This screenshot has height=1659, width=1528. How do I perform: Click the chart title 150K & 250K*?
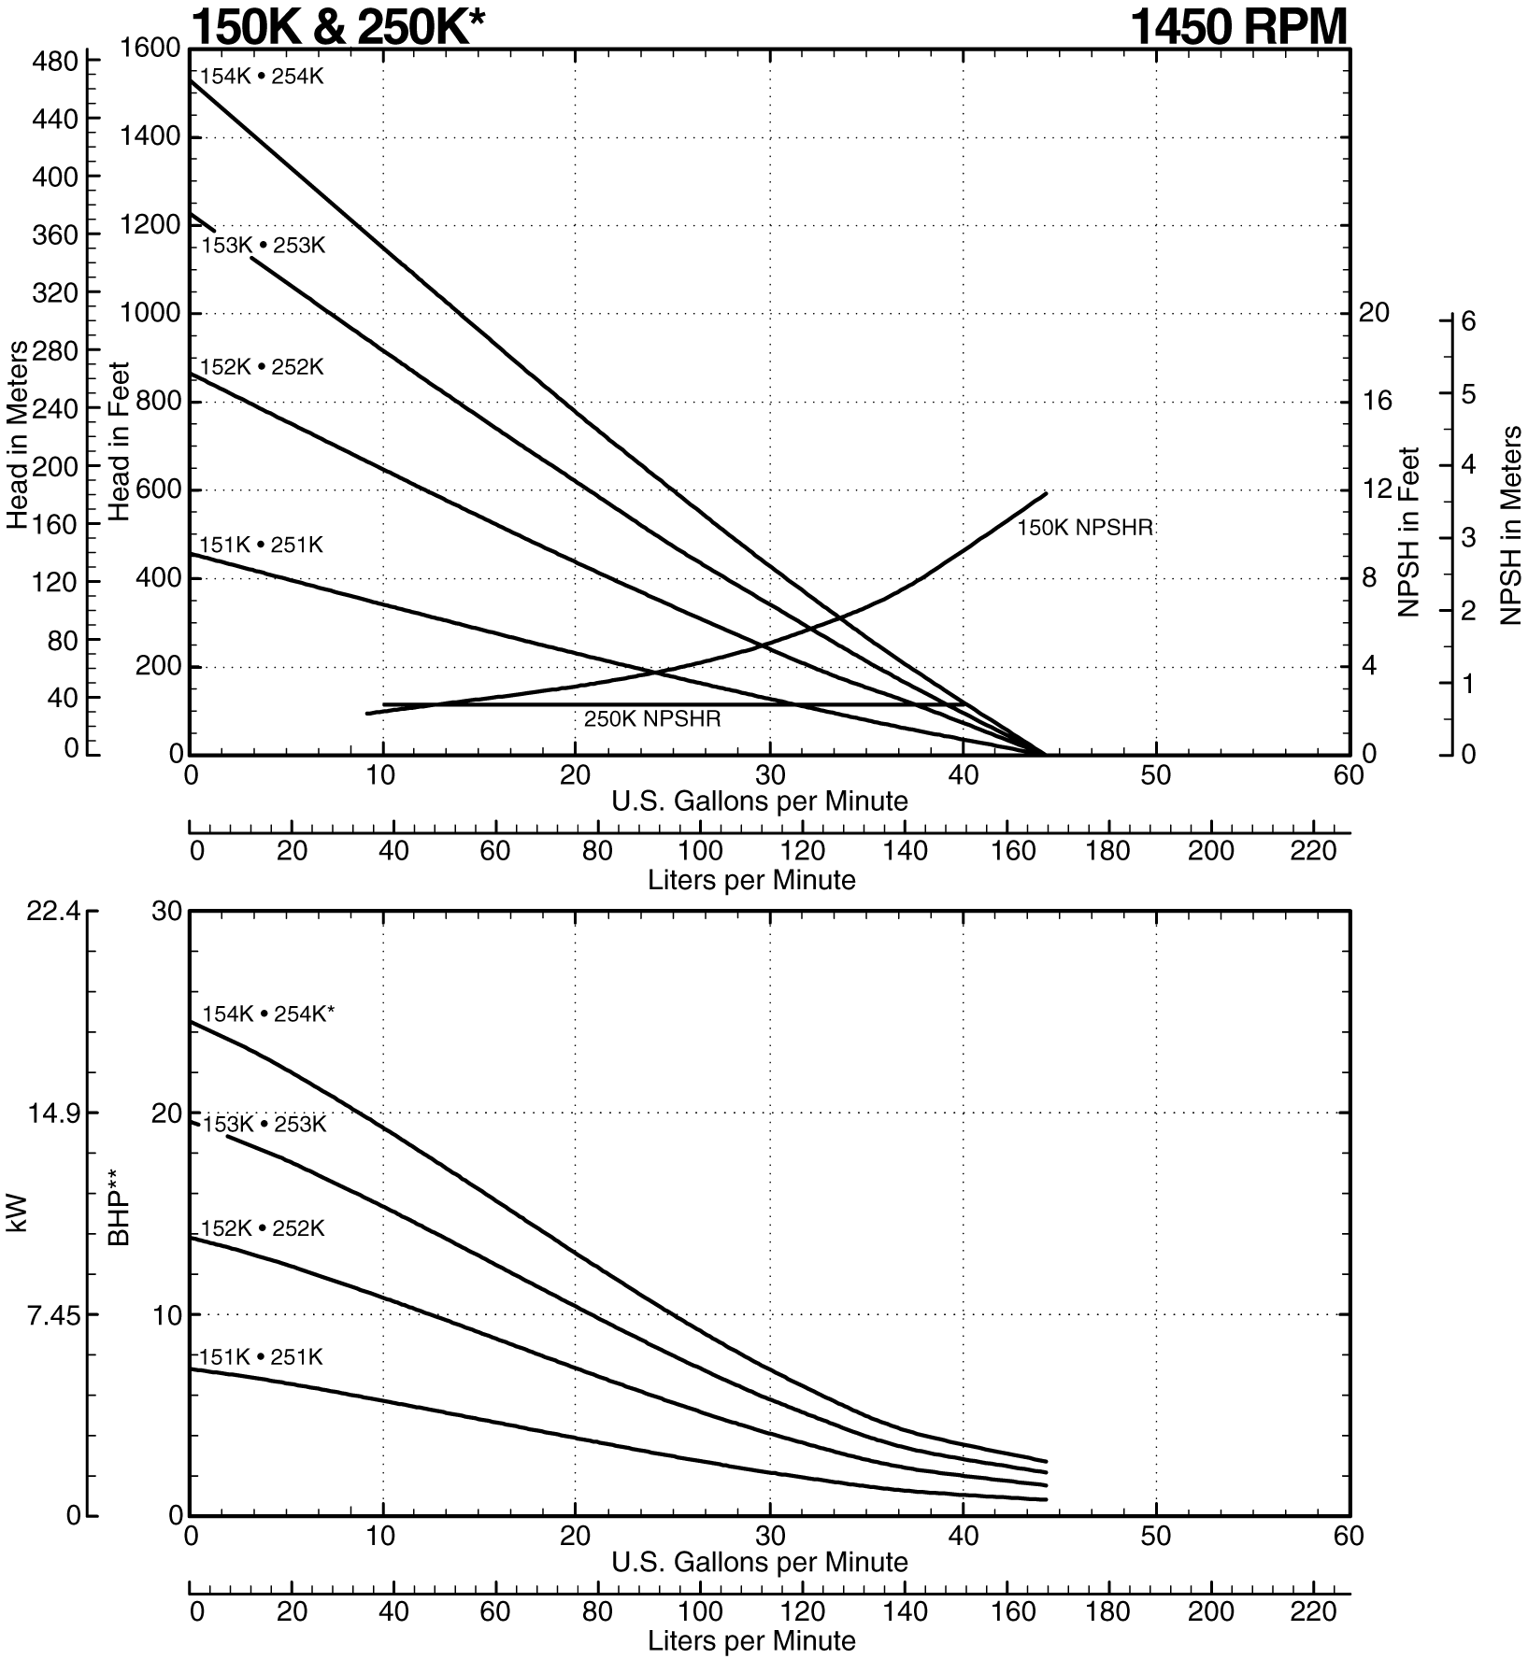(337, 26)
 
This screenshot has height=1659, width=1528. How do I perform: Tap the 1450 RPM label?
(1239, 26)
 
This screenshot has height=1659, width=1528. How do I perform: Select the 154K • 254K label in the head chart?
(262, 77)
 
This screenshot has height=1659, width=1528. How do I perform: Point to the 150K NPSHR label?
(1085, 528)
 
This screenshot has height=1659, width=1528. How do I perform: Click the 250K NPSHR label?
(652, 720)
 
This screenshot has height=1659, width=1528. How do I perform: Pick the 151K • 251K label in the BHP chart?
(261, 1356)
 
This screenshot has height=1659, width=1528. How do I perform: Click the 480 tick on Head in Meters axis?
(55, 62)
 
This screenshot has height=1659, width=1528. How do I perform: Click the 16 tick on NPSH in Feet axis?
(1375, 402)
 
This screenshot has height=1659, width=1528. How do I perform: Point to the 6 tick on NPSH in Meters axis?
(1467, 320)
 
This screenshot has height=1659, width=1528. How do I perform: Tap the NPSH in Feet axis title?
(1409, 532)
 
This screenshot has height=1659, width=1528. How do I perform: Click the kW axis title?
(18, 1212)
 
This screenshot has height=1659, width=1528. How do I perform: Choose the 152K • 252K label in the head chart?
(262, 368)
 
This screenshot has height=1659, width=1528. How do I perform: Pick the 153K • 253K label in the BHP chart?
(264, 1124)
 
